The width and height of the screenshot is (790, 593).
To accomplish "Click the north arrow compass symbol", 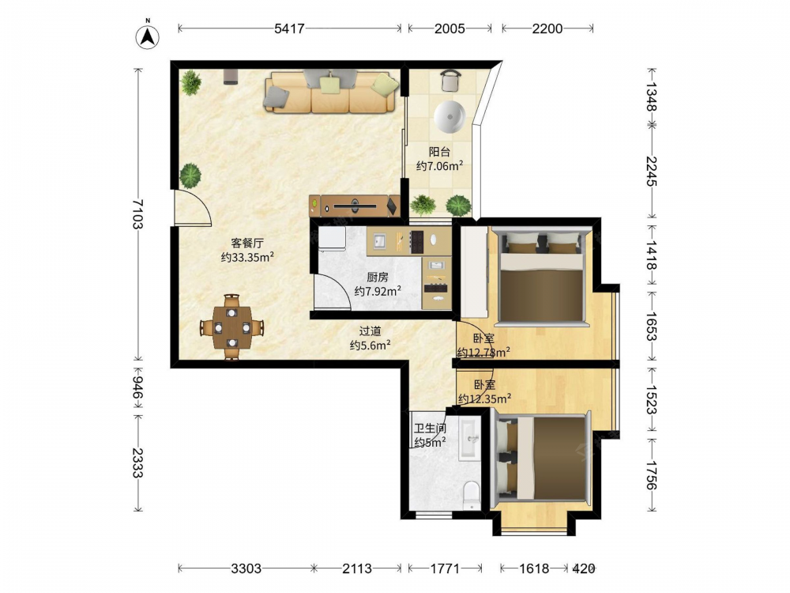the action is pyautogui.click(x=148, y=36).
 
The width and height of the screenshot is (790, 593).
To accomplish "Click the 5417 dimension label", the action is pyautogui.click(x=289, y=28).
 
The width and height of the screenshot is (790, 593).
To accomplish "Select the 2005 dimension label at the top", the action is pyautogui.click(x=450, y=28).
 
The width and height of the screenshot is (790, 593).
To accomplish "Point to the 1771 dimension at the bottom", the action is pyautogui.click(x=444, y=568).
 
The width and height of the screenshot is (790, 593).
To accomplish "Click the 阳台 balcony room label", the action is pyautogui.click(x=439, y=152).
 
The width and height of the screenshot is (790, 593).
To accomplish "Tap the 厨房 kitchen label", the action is pyautogui.click(x=378, y=277).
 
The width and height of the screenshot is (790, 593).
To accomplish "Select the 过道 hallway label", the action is pyautogui.click(x=370, y=331).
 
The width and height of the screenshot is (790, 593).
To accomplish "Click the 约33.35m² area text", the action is pyautogui.click(x=247, y=257).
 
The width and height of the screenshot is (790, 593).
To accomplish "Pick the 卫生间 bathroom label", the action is pyautogui.click(x=431, y=429).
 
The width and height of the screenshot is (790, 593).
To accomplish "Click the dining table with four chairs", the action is pyautogui.click(x=231, y=327).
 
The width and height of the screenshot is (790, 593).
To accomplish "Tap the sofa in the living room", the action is pyautogui.click(x=330, y=91).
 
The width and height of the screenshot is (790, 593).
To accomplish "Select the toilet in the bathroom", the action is pyautogui.click(x=472, y=495).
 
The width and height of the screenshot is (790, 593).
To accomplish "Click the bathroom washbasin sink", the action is pyautogui.click(x=470, y=439).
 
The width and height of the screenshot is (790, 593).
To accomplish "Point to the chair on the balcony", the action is pyautogui.click(x=450, y=80).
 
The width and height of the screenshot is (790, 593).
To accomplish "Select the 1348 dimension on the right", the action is pyautogui.click(x=652, y=96).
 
